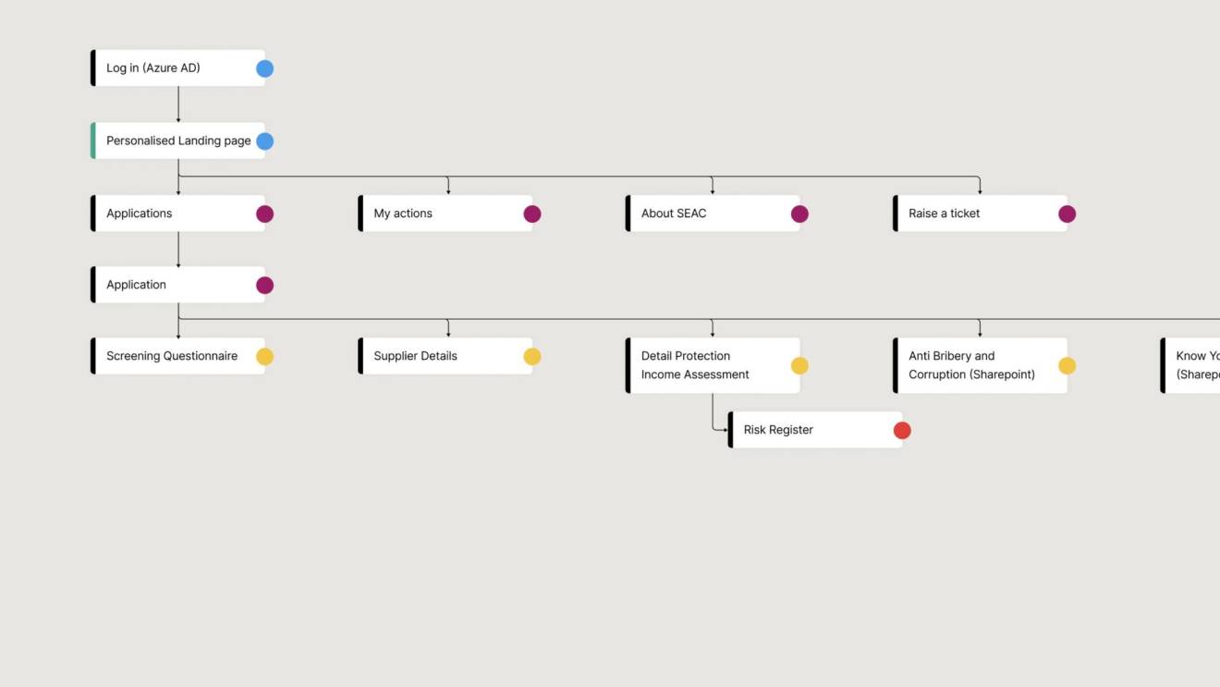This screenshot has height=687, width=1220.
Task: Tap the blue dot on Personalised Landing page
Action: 264,141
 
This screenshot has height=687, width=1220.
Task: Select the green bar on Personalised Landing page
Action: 93,141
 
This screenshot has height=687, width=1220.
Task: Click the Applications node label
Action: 140,214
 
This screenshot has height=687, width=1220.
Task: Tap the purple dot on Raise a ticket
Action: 1067,214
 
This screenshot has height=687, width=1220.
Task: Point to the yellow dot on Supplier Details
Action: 532,356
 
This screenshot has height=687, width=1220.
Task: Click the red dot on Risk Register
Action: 902,430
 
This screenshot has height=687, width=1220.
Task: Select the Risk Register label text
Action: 778,430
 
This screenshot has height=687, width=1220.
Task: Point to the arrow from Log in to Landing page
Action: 178,104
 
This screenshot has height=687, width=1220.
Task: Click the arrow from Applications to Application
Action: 178,250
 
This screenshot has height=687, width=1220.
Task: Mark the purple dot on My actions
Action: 532,214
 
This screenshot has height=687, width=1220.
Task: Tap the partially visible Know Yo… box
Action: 1192,365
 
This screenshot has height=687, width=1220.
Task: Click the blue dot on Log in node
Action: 264,68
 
